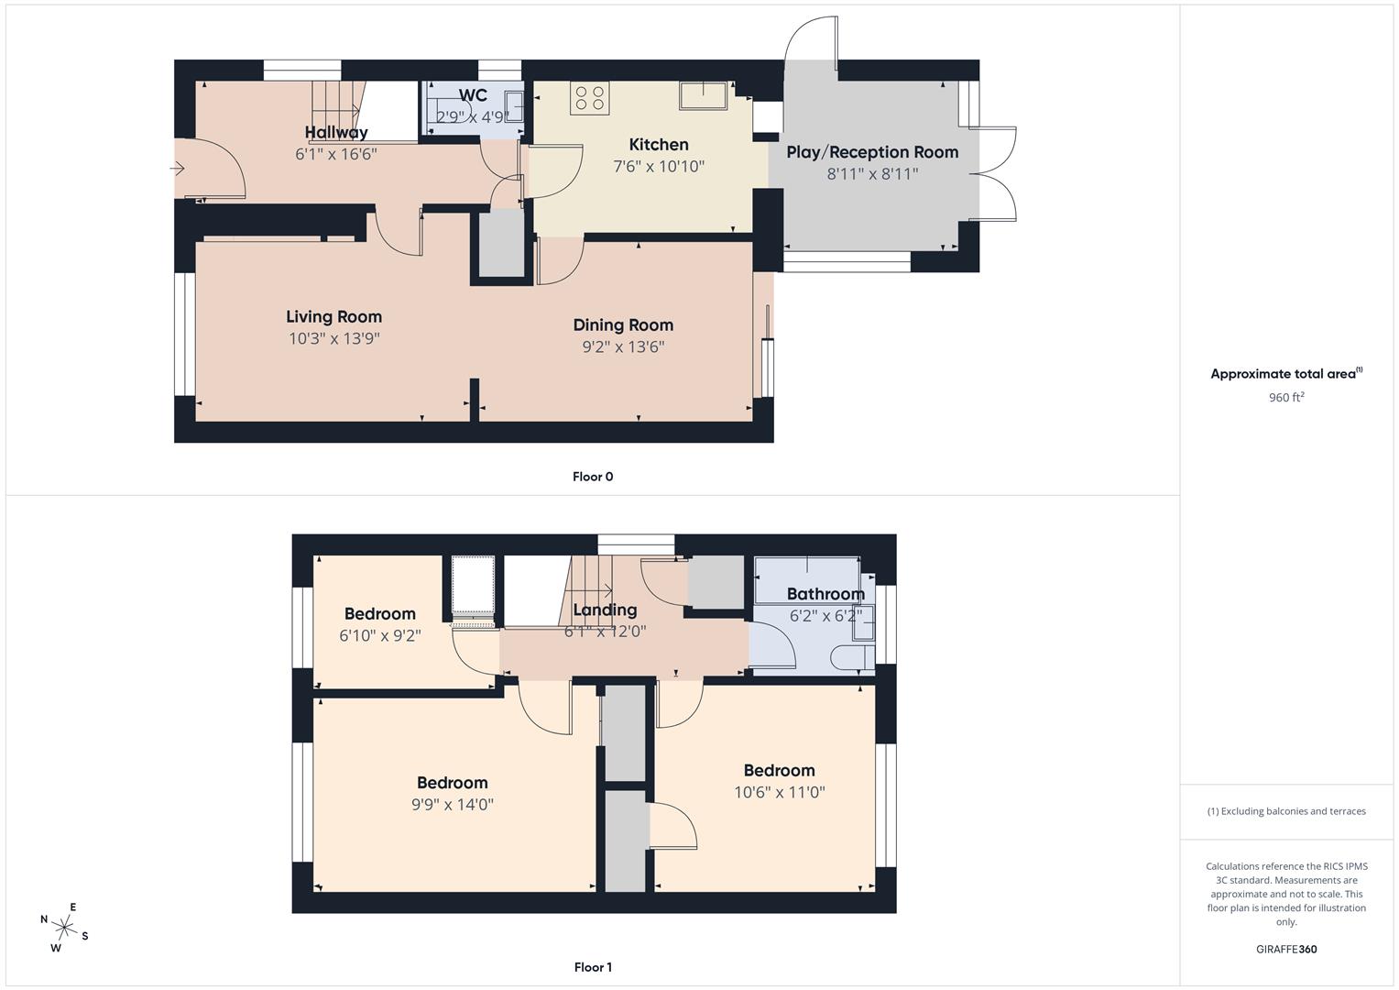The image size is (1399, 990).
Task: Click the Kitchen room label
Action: click(x=658, y=145)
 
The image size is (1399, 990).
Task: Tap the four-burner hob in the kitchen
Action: click(x=589, y=98)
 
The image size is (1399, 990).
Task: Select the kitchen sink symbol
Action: click(x=703, y=94)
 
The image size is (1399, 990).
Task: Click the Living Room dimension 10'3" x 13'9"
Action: click(x=333, y=338)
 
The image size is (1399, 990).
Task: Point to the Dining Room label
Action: click(x=623, y=324)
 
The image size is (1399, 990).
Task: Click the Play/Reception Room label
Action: click(x=872, y=152)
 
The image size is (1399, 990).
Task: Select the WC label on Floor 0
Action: click(x=473, y=95)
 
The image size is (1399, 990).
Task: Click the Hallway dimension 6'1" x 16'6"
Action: click(x=335, y=155)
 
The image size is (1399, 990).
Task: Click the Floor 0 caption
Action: click(x=593, y=477)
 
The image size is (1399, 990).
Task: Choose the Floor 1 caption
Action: click(x=593, y=967)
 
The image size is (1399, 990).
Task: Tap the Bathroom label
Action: click(x=825, y=594)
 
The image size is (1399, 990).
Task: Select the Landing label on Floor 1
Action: click(x=605, y=610)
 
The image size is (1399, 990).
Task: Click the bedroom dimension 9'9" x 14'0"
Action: click(x=452, y=805)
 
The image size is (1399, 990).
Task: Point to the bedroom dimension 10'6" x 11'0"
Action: click(x=779, y=792)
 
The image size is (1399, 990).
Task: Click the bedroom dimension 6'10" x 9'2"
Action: click(x=379, y=635)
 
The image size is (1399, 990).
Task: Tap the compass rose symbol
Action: click(x=65, y=927)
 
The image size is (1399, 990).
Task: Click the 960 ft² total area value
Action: click(x=1286, y=397)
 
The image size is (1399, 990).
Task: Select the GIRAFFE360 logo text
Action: click(x=1286, y=949)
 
